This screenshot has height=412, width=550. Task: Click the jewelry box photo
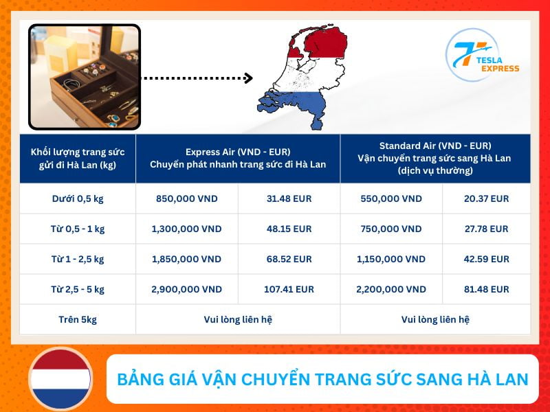pyautogui.click(x=85, y=77)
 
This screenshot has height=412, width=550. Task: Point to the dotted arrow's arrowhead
pyautogui.click(x=248, y=78)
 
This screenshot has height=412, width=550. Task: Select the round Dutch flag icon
pyautogui.click(x=60, y=380)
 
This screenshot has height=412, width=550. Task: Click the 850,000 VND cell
pyautogui.click(x=187, y=199)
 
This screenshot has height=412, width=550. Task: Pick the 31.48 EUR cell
pyautogui.click(x=289, y=199)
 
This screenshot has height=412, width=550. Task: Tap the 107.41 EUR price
pyautogui.click(x=289, y=290)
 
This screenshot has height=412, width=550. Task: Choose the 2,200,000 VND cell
pyautogui.click(x=391, y=290)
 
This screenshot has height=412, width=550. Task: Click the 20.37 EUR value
pyautogui.click(x=487, y=199)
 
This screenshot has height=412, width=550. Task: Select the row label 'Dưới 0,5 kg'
pyautogui.click(x=78, y=199)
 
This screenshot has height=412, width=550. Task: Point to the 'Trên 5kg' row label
pyautogui.click(x=78, y=320)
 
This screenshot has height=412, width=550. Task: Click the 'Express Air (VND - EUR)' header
pyautogui.click(x=238, y=152)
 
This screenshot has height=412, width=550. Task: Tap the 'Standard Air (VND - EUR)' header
pyautogui.click(x=435, y=146)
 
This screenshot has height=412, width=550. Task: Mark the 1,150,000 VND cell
pyautogui.click(x=391, y=260)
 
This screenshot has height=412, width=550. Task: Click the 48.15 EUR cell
pyautogui.click(x=289, y=229)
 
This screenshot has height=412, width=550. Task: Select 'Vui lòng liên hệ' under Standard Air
pyautogui.click(x=435, y=320)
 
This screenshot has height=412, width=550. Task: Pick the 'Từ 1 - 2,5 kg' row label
pyautogui.click(x=78, y=260)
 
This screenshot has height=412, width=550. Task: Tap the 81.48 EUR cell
pyautogui.click(x=487, y=290)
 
